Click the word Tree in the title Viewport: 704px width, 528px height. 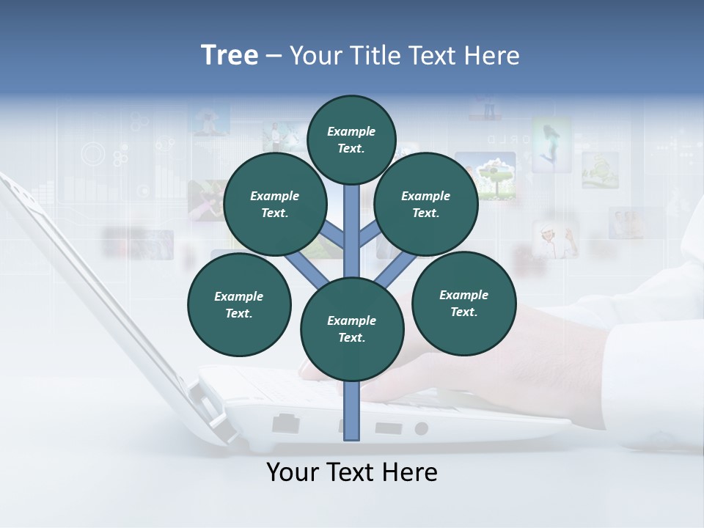pyautogui.click(x=230, y=56)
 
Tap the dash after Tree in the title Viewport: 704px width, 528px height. pyautogui.click(x=274, y=56)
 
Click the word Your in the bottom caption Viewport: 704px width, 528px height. pyautogui.click(x=293, y=472)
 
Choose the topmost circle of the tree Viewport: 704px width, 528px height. pyautogui.click(x=351, y=139)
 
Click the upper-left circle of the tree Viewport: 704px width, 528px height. pyautogui.click(x=275, y=204)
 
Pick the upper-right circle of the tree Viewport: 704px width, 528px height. pyautogui.click(x=426, y=204)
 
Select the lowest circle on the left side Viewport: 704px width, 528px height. pyautogui.click(x=239, y=304)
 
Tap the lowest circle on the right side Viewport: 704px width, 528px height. pyautogui.click(x=464, y=303)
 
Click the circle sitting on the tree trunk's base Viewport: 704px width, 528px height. pyautogui.click(x=352, y=329)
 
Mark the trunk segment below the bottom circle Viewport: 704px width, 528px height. pyautogui.click(x=352, y=411)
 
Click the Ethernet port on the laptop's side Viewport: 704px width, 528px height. pyautogui.click(x=285, y=424)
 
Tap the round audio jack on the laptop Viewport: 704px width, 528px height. pyautogui.click(x=422, y=428)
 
